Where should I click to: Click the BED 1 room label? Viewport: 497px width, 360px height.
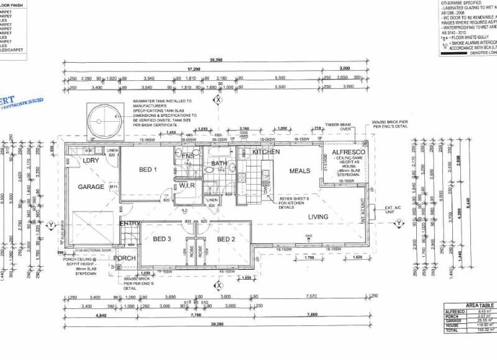click(147, 170)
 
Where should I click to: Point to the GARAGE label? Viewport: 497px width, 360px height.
click(91, 187)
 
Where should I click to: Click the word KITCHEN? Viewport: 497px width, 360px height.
click(266, 152)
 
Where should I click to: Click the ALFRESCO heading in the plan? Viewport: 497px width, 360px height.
click(348, 152)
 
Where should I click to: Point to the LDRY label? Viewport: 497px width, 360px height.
click(91, 161)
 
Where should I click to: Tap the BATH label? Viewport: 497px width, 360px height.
click(219, 164)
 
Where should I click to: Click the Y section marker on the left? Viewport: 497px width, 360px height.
click(50, 224)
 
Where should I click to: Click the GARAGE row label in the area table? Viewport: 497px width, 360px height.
click(453, 320)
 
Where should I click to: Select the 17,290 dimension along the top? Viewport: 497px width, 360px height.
click(194, 69)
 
